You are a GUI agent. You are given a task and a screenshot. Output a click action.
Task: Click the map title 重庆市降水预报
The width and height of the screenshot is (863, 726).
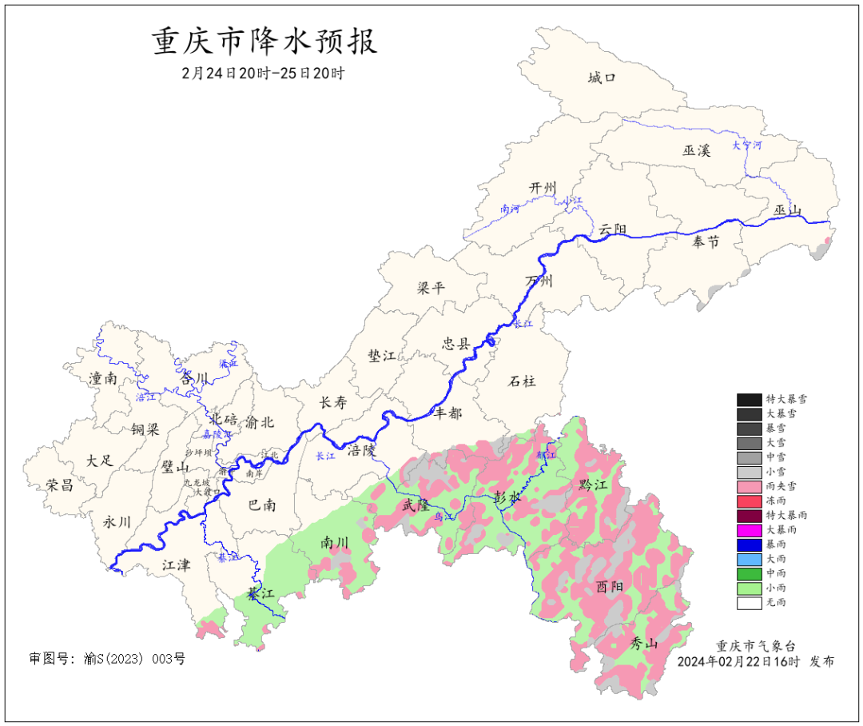point(264,42)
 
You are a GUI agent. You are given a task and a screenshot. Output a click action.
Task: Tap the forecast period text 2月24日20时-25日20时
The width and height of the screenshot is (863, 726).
point(263,73)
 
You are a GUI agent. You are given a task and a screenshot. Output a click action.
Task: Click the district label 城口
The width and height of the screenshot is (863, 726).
point(601,78)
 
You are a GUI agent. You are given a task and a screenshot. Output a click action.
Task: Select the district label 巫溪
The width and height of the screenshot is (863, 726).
point(696,150)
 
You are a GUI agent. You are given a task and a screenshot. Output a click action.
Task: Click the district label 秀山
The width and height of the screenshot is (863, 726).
point(644,643)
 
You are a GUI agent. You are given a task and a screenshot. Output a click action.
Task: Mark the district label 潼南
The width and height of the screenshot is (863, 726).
point(103,378)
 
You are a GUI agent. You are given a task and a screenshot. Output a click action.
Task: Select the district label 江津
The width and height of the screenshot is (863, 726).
point(176,565)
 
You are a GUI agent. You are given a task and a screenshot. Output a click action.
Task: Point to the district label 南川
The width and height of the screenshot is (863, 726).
point(335,543)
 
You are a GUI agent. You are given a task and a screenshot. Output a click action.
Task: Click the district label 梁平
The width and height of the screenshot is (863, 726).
point(431,288)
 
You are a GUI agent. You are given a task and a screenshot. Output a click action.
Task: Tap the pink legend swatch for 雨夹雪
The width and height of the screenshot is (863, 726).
point(749,486)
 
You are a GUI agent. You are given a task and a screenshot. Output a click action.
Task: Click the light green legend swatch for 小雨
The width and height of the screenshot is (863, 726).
point(749,588)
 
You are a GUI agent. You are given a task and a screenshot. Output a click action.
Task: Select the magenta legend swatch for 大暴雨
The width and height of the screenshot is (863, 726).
point(749,529)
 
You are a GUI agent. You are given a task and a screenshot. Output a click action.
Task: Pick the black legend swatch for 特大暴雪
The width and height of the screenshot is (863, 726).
point(749,399)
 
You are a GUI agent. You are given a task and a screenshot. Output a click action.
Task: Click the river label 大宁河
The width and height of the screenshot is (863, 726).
point(747,146)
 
